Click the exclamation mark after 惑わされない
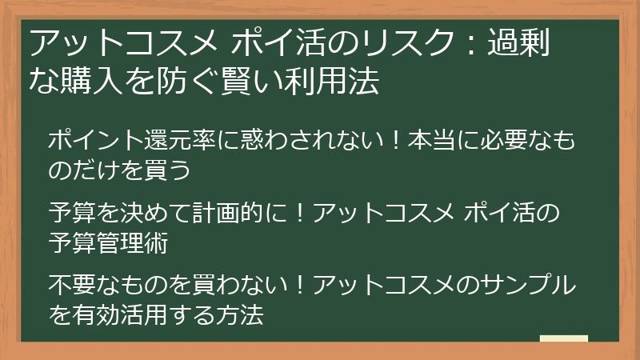(392, 141)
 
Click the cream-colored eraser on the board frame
(563, 339)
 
